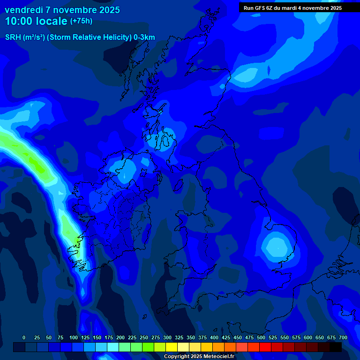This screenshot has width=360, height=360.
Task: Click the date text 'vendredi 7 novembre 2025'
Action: click(62, 10)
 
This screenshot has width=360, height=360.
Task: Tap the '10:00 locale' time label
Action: click(36, 21)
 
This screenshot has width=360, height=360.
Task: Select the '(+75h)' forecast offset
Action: click(81, 21)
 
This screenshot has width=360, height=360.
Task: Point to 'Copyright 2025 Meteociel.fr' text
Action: click(199, 357)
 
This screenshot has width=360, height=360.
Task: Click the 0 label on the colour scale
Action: click(24, 337)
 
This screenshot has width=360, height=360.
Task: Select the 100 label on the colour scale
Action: click(74, 337)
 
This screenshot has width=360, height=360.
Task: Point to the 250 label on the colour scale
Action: click(144, 337)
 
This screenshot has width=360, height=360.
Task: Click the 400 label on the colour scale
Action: click(214, 337)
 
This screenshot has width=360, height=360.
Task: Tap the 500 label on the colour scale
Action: click(261, 337)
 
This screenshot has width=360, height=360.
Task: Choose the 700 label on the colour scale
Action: click(343, 337)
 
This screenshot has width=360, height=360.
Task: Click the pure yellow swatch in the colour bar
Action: click(172, 347)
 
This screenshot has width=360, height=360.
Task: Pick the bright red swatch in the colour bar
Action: click(265, 347)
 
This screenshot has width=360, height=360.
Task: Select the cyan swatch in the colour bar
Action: click(113, 347)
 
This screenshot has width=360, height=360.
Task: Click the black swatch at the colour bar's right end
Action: click(336, 347)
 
